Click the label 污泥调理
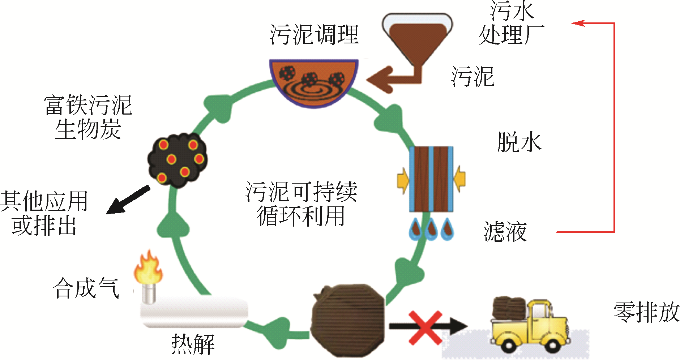tap(314, 35)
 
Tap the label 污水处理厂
tap(511, 23)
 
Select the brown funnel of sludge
tap(417, 40)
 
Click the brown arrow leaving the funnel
tap(390, 78)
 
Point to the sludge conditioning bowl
tap(313, 81)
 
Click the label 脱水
tap(519, 142)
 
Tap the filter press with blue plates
tap(431, 179)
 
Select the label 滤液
tap(505, 231)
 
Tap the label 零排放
tap(646, 312)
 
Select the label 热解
tap(193, 344)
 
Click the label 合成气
tap(86, 288)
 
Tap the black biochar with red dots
tap(177, 160)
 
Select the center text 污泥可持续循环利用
tap(301, 203)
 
